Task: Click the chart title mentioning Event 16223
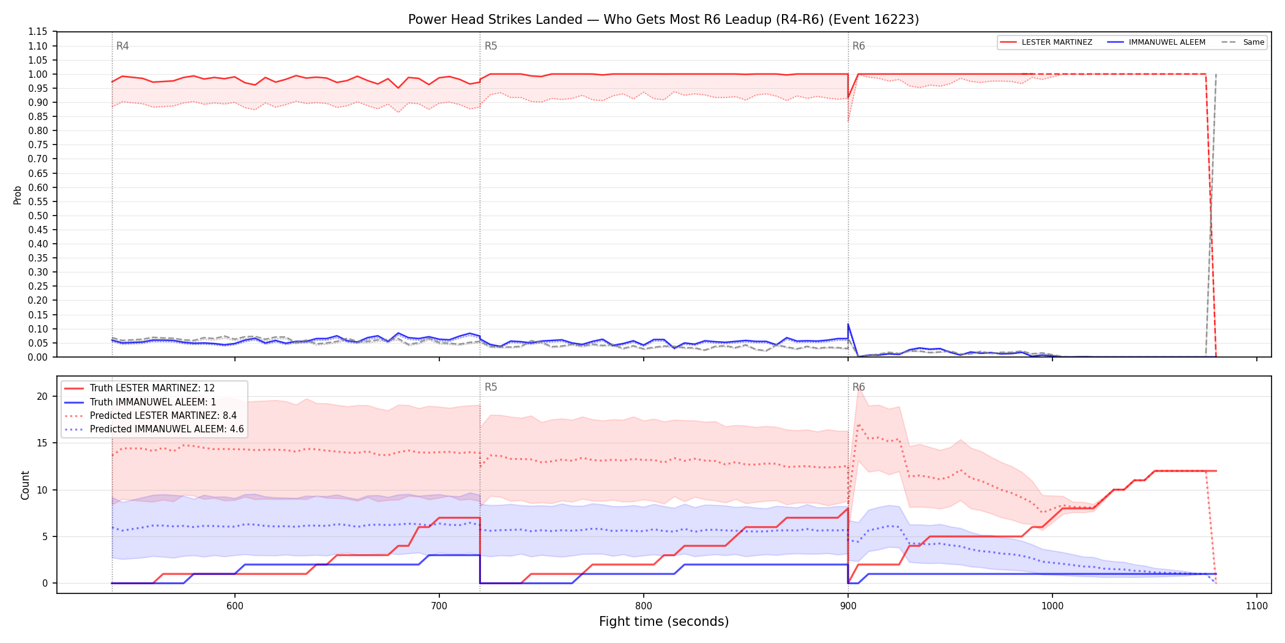click(663, 20)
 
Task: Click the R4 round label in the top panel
click(122, 46)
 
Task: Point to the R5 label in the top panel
click(491, 46)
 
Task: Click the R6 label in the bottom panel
click(859, 387)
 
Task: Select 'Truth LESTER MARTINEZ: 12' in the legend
click(152, 388)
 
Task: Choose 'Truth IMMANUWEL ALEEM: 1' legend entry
click(153, 402)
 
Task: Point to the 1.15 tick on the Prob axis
click(38, 32)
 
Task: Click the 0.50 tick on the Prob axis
click(38, 216)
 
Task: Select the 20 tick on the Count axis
click(42, 396)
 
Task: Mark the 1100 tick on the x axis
click(1257, 606)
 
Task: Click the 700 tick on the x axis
click(439, 606)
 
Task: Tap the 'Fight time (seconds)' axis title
click(664, 622)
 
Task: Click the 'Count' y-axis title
click(25, 485)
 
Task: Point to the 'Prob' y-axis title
click(18, 195)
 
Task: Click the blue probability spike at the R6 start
click(848, 325)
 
